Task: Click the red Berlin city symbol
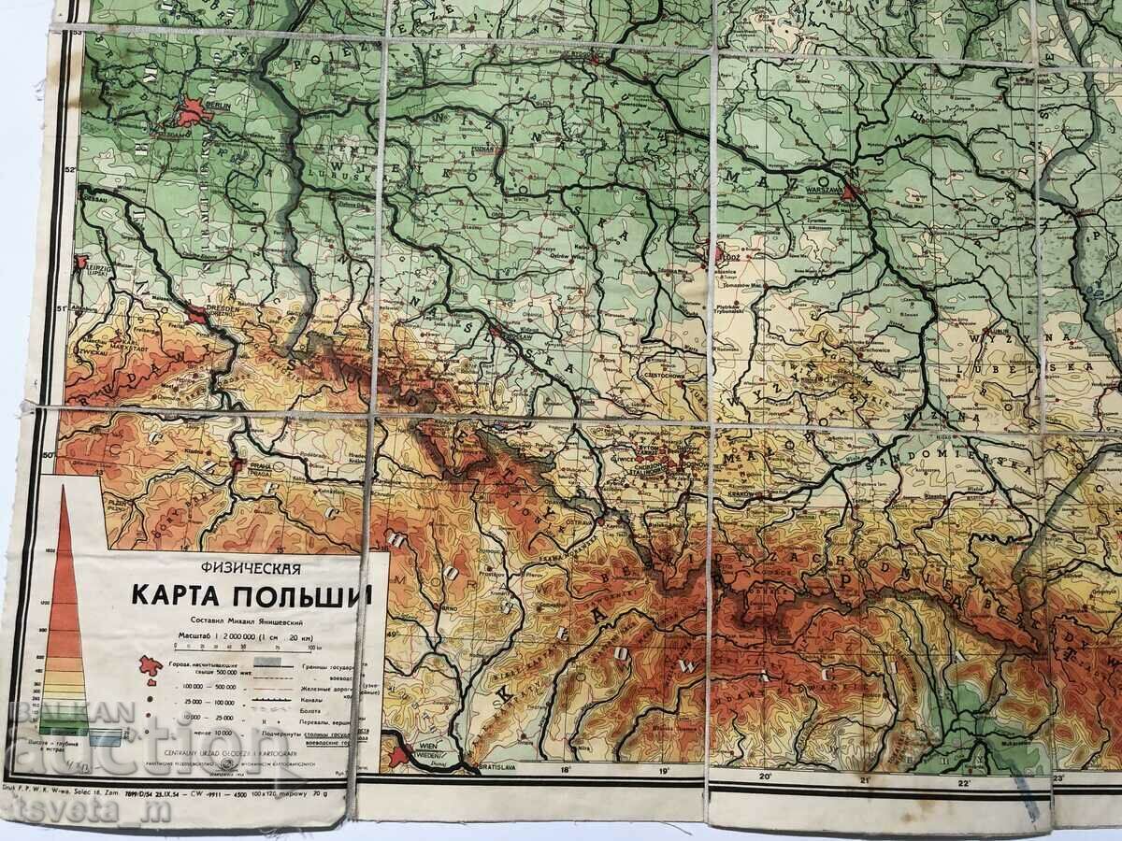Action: tap(191, 113)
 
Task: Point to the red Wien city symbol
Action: tap(400, 753)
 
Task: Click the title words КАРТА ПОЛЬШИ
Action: tap(251, 594)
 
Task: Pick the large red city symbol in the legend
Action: tap(146, 665)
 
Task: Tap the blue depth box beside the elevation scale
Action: tap(106, 737)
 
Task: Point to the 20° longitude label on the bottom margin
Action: tap(765, 776)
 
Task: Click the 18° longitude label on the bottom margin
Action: tap(565, 771)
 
